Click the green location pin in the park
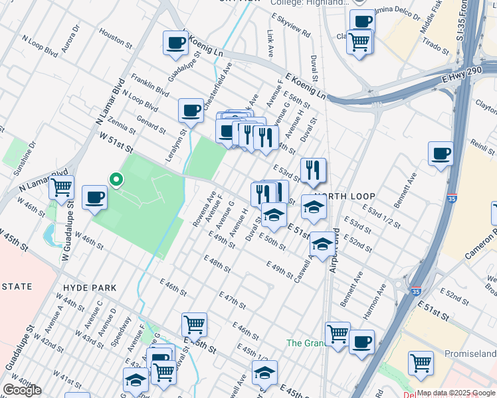tap(116, 180)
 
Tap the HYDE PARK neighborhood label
tap(90, 288)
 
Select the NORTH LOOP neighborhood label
tap(345, 196)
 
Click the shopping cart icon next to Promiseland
tap(421, 363)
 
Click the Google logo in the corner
tap(22, 390)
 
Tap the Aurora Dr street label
tap(70, 39)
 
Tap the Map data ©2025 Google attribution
tap(456, 393)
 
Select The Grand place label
tap(304, 343)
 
